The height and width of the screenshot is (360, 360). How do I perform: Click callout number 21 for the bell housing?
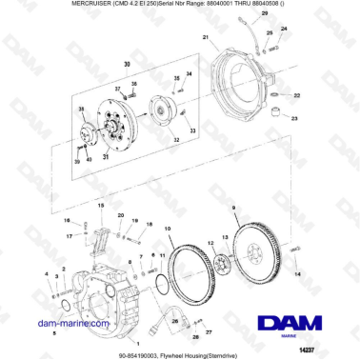coord(204,38)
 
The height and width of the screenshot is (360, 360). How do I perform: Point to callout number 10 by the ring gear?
coord(168,229)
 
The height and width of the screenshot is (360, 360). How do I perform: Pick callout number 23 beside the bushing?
coord(294,119)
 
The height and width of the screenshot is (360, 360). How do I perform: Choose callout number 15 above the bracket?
coord(99,205)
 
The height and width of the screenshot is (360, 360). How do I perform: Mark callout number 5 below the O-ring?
coord(54,334)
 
